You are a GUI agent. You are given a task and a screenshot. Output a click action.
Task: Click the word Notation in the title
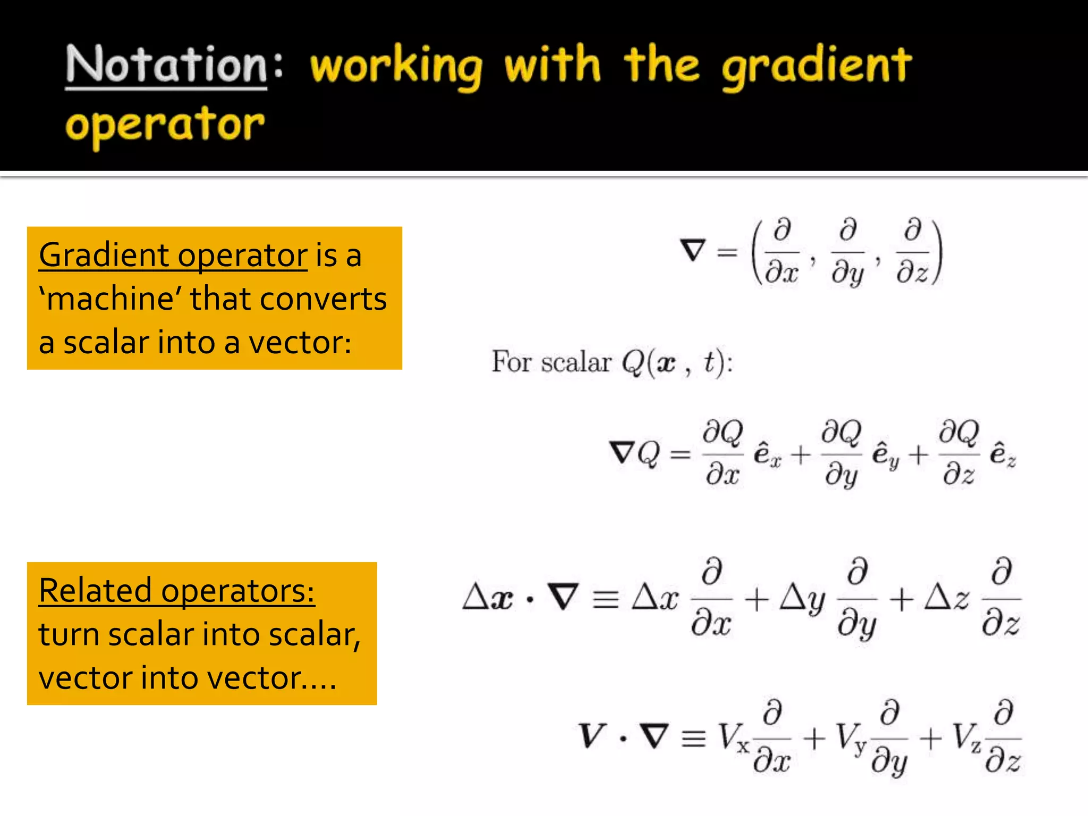tap(166, 65)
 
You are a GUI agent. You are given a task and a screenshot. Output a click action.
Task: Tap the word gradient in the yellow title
tap(817, 66)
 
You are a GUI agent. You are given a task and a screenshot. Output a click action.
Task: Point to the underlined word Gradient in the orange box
tap(104, 255)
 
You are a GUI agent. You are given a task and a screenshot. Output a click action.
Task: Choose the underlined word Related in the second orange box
tap(95, 590)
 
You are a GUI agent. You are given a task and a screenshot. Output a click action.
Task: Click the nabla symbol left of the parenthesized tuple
tap(693, 250)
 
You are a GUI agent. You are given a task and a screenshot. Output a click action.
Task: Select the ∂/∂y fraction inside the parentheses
tap(848, 252)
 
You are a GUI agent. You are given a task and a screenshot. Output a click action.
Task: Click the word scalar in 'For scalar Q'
tap(576, 362)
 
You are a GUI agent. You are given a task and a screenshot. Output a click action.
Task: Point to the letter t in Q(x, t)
tap(709, 362)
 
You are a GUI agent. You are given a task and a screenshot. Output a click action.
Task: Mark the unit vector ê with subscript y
tap(885, 455)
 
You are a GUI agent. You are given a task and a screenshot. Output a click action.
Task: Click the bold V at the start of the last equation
tap(591, 736)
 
